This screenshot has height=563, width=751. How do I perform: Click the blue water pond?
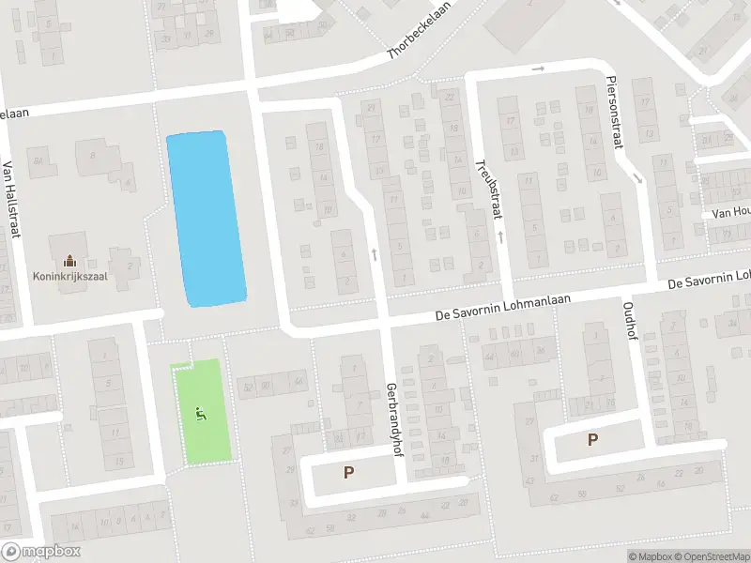(x=207, y=219)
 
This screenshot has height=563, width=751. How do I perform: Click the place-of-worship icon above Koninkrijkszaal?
(x=69, y=260)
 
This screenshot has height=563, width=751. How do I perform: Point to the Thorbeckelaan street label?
(x=434, y=40)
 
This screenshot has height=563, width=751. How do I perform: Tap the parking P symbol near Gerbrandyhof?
(x=349, y=473)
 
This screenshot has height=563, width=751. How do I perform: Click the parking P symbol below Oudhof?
(x=592, y=438)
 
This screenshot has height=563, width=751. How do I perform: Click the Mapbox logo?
(x=40, y=552)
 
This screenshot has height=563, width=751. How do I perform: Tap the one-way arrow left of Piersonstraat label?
(x=538, y=68)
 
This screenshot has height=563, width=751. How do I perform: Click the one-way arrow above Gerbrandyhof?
(x=374, y=253)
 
